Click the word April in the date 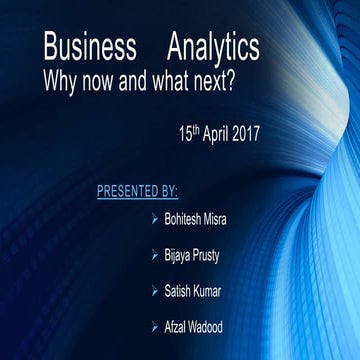click(x=223, y=133)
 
